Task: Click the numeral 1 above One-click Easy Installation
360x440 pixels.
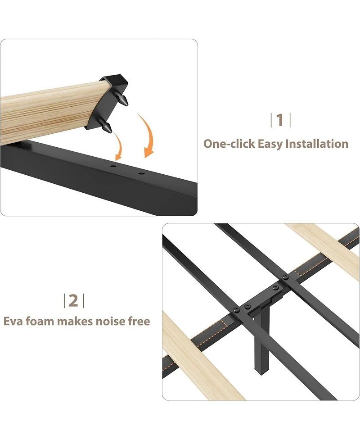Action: [x=280, y=120]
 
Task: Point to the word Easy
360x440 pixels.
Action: [x=270, y=144]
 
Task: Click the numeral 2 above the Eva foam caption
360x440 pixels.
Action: [x=74, y=300]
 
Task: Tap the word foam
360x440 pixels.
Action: [x=43, y=322]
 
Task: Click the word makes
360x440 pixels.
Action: [x=79, y=322]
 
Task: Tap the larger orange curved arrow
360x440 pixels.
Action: [x=148, y=135]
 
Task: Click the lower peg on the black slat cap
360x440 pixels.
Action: [x=107, y=127]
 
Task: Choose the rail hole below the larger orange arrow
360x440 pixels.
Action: [x=141, y=173]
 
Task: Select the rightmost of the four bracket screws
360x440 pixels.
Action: [x=284, y=277]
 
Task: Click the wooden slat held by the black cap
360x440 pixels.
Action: [x=45, y=113]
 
